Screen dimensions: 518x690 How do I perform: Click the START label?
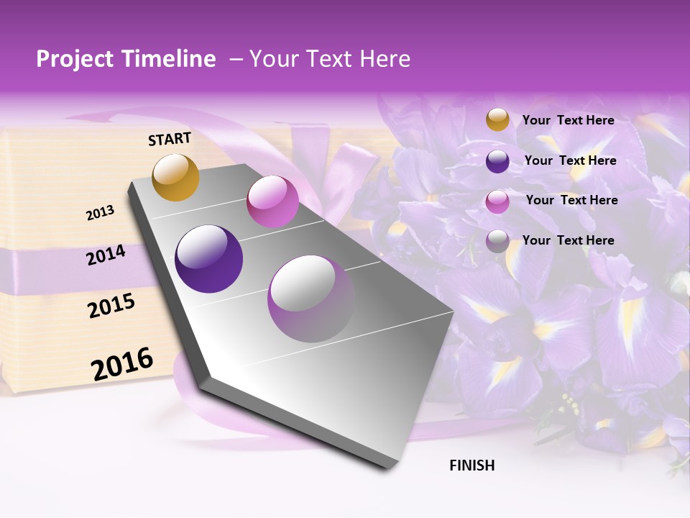click(170, 139)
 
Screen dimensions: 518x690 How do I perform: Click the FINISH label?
click(471, 465)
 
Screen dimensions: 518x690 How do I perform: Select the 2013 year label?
click(100, 213)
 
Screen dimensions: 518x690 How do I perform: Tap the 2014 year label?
click(106, 255)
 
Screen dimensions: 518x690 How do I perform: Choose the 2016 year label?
click(122, 364)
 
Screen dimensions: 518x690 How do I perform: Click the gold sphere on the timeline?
click(176, 177)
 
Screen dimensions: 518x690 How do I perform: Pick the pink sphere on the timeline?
click(272, 202)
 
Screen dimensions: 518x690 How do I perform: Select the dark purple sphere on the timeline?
click(209, 259)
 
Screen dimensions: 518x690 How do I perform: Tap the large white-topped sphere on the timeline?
click(311, 299)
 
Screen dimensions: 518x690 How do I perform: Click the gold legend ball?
click(497, 120)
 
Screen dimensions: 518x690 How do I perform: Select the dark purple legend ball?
click(497, 161)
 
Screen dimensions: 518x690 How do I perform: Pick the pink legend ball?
click(497, 201)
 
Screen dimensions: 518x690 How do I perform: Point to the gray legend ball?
click(497, 241)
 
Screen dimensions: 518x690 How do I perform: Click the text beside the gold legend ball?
click(568, 120)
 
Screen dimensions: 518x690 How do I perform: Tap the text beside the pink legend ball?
click(571, 200)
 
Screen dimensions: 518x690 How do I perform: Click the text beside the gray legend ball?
click(568, 240)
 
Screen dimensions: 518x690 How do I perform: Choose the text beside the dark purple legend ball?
click(570, 160)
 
